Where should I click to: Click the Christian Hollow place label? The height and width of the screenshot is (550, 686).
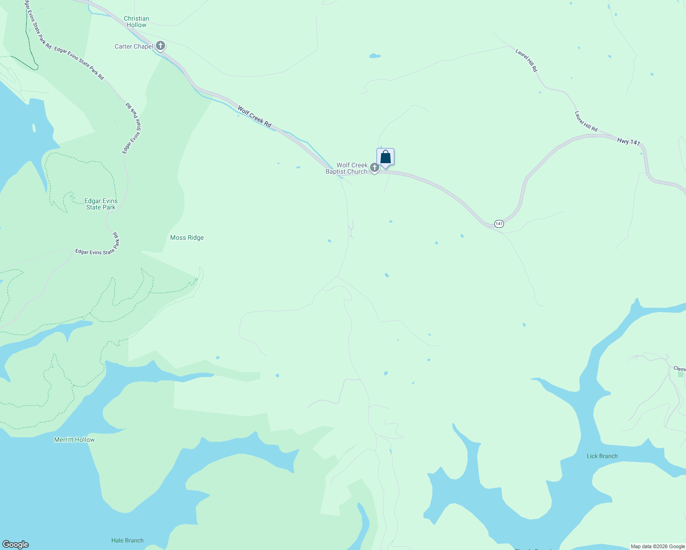pyautogui.click(x=136, y=22)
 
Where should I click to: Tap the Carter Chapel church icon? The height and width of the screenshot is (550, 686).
pyautogui.click(x=160, y=46)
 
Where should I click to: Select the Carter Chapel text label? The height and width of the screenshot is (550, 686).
pyautogui.click(x=133, y=46)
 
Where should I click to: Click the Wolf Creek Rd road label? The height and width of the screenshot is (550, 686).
pyautogui.click(x=254, y=116)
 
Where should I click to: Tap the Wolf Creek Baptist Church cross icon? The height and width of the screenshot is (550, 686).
pyautogui.click(x=374, y=168)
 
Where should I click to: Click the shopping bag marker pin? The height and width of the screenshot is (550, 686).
pyautogui.click(x=386, y=157)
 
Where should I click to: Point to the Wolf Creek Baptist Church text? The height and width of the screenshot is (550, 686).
pyautogui.click(x=347, y=168)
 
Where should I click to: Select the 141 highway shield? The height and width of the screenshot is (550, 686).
pyautogui.click(x=499, y=224)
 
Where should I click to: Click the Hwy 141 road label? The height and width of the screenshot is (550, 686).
pyautogui.click(x=628, y=142)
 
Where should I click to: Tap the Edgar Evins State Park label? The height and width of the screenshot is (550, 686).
pyautogui.click(x=101, y=204)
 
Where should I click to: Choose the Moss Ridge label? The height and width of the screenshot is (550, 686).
pyautogui.click(x=187, y=237)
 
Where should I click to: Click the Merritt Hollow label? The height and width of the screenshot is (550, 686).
pyautogui.click(x=74, y=440)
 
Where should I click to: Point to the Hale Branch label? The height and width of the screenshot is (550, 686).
pyautogui.click(x=127, y=540)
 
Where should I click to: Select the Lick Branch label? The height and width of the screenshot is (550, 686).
pyautogui.click(x=602, y=456)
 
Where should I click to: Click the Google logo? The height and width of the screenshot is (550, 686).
pyautogui.click(x=16, y=544)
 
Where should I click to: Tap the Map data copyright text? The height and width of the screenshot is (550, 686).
pyautogui.click(x=658, y=546)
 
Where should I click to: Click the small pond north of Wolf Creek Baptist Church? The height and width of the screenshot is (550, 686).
pyautogui.click(x=375, y=56)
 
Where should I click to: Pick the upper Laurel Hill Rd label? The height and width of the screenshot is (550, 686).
pyautogui.click(x=526, y=60)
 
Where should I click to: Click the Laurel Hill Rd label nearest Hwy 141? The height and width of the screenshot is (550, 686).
pyautogui.click(x=586, y=121)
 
